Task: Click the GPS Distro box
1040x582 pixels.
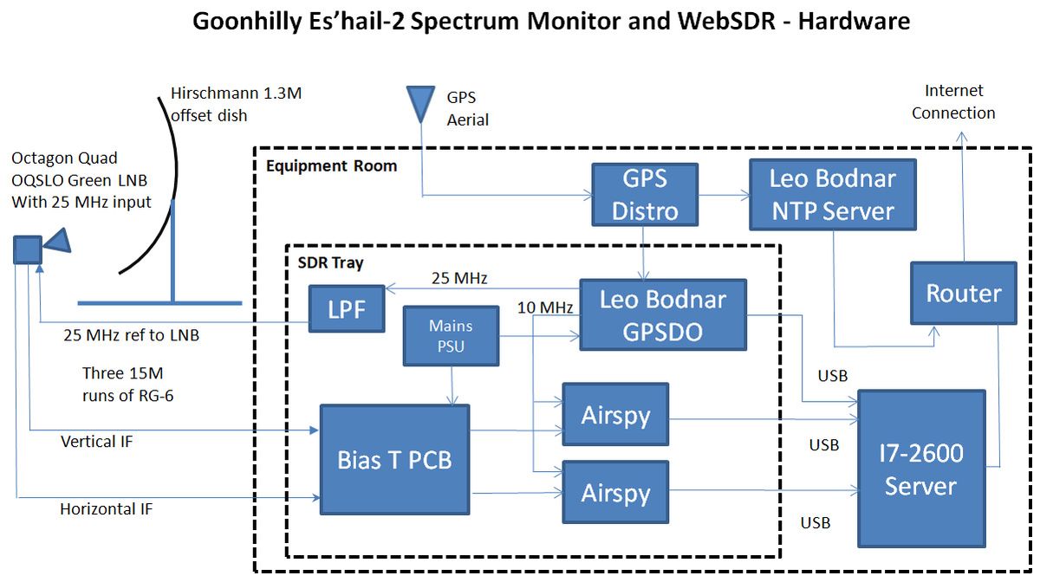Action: [644, 194]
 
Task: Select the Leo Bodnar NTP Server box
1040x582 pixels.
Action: [833, 194]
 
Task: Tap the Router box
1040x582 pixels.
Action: [963, 294]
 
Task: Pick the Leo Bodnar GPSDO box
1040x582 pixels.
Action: [663, 314]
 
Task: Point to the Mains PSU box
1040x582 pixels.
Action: [451, 336]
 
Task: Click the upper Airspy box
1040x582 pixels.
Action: [615, 416]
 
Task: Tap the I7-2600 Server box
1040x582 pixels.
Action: [920, 469]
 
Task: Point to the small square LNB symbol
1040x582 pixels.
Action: [27, 250]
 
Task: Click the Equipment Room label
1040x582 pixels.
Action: [331, 165]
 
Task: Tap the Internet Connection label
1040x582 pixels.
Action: [953, 101]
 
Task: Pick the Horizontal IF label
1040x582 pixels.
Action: [106, 509]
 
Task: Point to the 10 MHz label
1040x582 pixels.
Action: [545, 307]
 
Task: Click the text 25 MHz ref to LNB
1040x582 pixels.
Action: [131, 334]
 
